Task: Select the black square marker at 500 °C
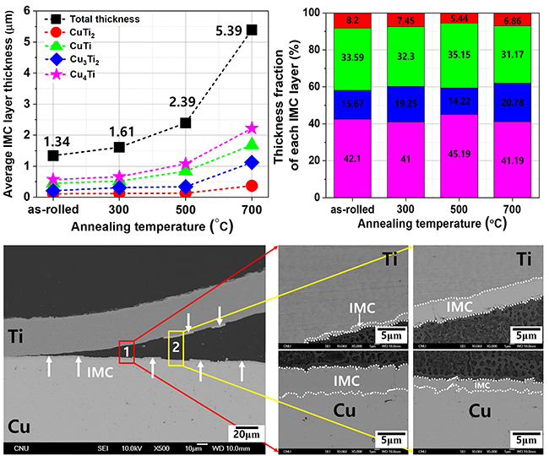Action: tap(185, 123)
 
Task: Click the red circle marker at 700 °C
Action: tap(252, 186)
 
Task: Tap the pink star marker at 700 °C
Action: tap(252, 128)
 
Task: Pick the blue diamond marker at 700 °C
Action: tap(252, 162)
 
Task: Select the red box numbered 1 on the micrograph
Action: tap(126, 350)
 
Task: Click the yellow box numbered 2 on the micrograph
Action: tap(176, 347)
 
